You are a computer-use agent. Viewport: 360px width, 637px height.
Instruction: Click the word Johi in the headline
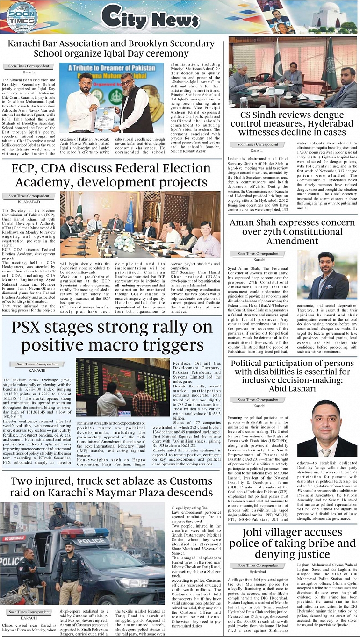258,532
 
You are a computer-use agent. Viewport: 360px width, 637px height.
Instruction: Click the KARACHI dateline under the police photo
29,618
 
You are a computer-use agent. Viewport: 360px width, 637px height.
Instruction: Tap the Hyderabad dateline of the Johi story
258,572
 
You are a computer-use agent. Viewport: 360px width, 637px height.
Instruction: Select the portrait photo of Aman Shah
326,275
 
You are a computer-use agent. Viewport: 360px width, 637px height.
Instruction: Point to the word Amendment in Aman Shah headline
293,241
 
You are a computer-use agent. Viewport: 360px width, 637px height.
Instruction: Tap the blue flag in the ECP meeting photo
130,216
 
